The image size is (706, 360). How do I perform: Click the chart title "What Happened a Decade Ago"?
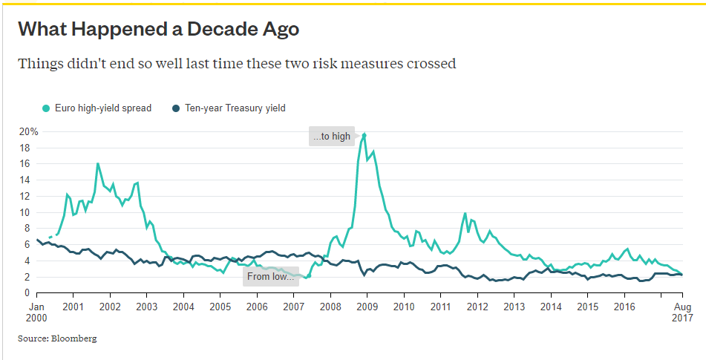[x=158, y=29]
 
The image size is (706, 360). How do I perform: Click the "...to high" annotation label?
[x=331, y=137]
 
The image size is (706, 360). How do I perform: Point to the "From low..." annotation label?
[x=271, y=277]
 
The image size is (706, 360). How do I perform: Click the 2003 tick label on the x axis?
[x=146, y=307]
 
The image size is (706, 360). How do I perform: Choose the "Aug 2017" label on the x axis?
[x=683, y=312]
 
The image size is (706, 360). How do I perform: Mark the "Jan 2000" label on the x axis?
[x=36, y=312]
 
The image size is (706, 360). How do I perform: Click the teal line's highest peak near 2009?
[x=364, y=134]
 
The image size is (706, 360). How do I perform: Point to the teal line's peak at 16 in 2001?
[x=98, y=163]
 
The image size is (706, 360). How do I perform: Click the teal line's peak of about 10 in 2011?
[x=465, y=214]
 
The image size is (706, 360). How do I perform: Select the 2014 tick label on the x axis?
[x=551, y=307]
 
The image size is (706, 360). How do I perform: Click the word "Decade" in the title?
[x=220, y=29]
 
